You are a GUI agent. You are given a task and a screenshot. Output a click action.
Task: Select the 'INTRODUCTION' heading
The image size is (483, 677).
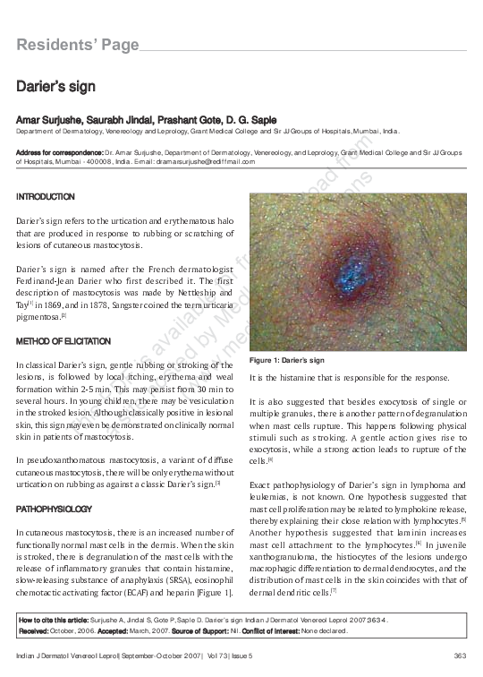[x=46, y=196]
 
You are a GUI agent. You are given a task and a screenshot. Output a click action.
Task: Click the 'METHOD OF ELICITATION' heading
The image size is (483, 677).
[x=64, y=341]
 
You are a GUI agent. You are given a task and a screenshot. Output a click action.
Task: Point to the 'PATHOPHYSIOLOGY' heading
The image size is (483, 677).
[x=54, y=509]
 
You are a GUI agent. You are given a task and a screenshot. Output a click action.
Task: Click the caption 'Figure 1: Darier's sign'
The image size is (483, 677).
[x=284, y=360]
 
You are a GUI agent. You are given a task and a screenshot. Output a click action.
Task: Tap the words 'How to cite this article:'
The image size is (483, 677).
[x=54, y=618]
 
